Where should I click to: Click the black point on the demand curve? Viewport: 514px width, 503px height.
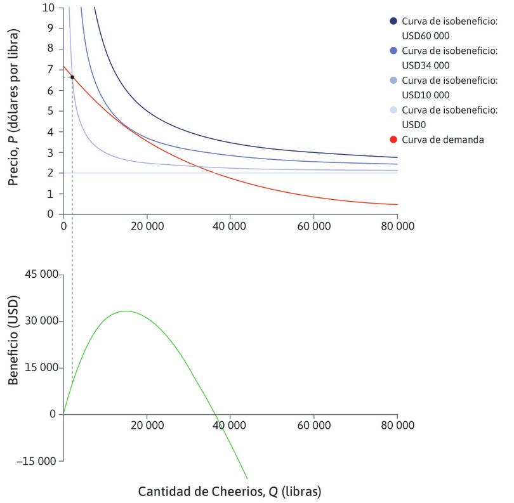point(72,77)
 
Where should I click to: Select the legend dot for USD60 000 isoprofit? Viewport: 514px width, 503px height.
point(393,22)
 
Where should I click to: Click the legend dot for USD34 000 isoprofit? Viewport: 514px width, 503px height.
point(393,51)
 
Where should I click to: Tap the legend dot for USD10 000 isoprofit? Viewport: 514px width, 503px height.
point(393,81)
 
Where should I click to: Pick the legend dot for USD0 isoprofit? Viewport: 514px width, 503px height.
point(393,110)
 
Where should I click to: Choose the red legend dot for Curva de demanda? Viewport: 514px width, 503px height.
point(393,140)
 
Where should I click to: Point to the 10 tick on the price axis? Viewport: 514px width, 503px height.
point(49,8)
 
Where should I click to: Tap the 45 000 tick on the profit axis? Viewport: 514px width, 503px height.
point(42,275)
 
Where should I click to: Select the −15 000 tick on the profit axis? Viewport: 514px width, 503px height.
point(39,461)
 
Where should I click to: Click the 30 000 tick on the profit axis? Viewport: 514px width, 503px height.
point(42,321)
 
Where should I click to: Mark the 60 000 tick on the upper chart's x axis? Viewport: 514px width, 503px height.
point(313,226)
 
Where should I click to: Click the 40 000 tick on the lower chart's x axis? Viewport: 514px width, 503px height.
point(230,427)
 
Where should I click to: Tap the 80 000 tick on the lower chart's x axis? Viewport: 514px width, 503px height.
point(397,427)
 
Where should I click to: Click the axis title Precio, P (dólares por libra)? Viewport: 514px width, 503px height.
point(14,111)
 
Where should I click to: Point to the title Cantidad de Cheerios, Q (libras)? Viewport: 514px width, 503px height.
point(230,492)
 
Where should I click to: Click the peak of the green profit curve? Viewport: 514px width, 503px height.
point(126,311)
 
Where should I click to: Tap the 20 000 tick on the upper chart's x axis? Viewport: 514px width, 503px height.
point(147,226)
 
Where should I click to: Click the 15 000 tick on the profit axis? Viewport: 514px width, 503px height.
point(42,368)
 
